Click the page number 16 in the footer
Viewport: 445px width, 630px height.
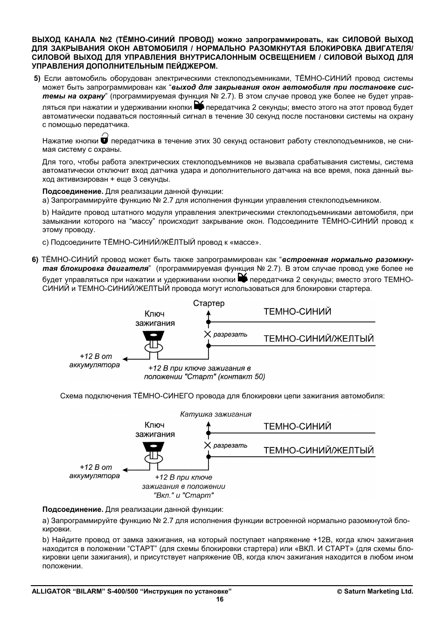click(x=220, y=600)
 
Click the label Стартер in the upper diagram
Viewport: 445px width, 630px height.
click(x=209, y=304)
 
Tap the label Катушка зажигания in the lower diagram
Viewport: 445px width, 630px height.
click(x=216, y=414)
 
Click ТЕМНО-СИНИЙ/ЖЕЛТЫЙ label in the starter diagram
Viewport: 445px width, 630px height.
click(x=319, y=339)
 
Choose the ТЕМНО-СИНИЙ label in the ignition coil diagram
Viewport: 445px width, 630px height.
click(x=297, y=426)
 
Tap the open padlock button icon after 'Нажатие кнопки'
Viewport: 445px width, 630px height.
click(x=104, y=138)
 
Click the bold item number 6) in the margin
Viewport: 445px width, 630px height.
click(x=35, y=260)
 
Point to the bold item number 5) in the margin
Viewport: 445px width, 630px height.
click(x=37, y=78)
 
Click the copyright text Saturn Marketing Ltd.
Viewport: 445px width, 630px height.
click(x=375, y=591)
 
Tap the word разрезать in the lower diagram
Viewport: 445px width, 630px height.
click(x=230, y=446)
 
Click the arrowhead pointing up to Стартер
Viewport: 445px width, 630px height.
click(x=209, y=315)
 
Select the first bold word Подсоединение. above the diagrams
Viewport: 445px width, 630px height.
click(x=72, y=191)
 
